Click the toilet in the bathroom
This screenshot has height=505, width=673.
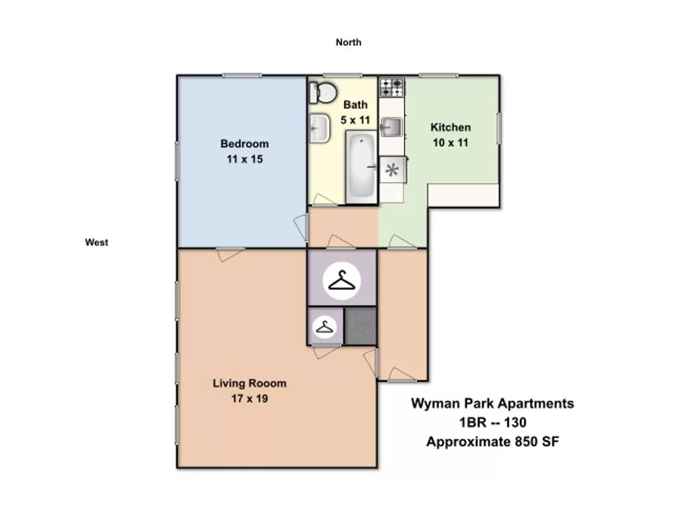pyautogui.click(x=323, y=93)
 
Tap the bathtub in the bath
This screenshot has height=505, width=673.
pyautogui.click(x=361, y=166)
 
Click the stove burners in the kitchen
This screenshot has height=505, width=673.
pyautogui.click(x=392, y=87)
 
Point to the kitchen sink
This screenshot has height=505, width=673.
pyautogui.click(x=391, y=127)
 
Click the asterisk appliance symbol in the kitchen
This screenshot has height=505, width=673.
pyautogui.click(x=392, y=170)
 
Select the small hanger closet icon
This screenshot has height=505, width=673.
pyautogui.click(x=324, y=327)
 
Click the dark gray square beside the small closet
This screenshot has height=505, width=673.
pyautogui.click(x=360, y=326)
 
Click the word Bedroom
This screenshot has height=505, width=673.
pyautogui.click(x=244, y=144)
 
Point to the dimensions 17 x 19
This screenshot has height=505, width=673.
pyautogui.click(x=250, y=398)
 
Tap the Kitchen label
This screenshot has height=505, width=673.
pyautogui.click(x=451, y=127)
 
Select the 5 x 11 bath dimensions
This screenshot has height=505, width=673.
pyautogui.click(x=355, y=120)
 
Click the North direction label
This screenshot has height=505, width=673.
pyautogui.click(x=348, y=42)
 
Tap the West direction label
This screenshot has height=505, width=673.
pyautogui.click(x=96, y=242)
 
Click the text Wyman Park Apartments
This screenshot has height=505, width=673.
pyautogui.click(x=492, y=404)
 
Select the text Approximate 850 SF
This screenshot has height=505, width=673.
pyautogui.click(x=492, y=442)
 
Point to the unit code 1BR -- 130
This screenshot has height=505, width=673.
pyautogui.click(x=492, y=423)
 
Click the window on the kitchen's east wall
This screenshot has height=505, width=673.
pyautogui.click(x=499, y=128)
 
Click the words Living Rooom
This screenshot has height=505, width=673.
pyautogui.click(x=250, y=383)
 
